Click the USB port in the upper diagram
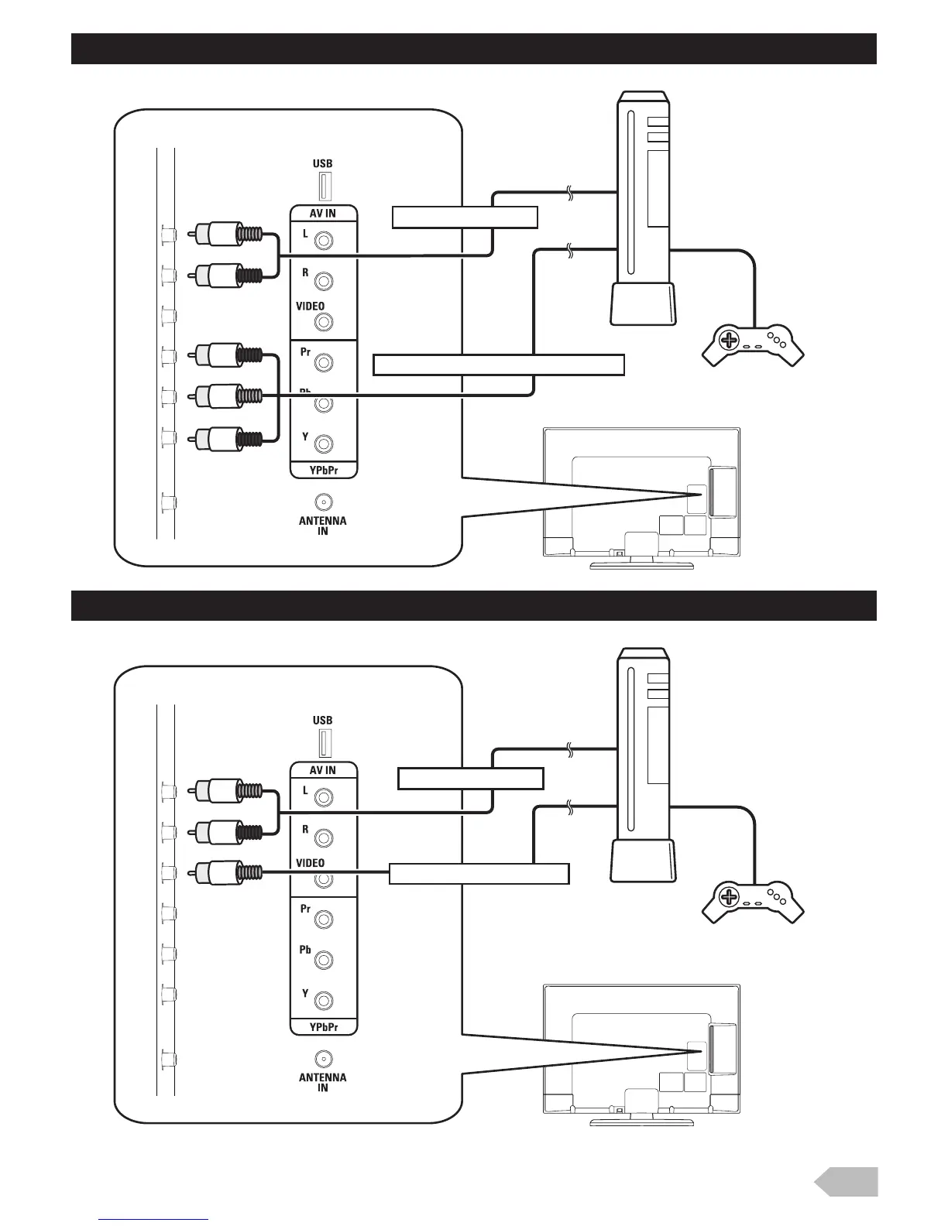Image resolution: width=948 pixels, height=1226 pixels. coord(325,187)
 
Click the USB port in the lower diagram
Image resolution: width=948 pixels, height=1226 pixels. coord(325,743)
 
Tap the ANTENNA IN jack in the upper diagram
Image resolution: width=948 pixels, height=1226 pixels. coord(324,502)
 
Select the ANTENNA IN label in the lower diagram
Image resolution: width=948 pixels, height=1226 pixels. coord(323,1082)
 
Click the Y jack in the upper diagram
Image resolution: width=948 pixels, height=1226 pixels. coord(325,443)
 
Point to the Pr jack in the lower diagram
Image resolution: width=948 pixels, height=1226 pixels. coord(325,919)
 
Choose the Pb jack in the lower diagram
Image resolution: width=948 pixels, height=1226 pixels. coord(325,960)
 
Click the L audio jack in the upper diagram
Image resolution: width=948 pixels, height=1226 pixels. coord(325,240)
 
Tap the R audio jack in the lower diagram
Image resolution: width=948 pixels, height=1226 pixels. coord(325,837)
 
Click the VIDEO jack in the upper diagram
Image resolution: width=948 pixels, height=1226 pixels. coord(325,321)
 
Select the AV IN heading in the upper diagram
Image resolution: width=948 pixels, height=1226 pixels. coord(323,214)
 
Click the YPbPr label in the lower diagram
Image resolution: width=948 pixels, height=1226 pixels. coord(323,1027)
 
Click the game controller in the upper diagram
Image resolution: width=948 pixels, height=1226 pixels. coord(753,344)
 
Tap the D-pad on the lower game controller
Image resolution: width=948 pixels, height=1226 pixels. coord(728,897)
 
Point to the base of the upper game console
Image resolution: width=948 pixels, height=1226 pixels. coord(643,303)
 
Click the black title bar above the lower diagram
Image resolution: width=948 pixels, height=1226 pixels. coord(473,605)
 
